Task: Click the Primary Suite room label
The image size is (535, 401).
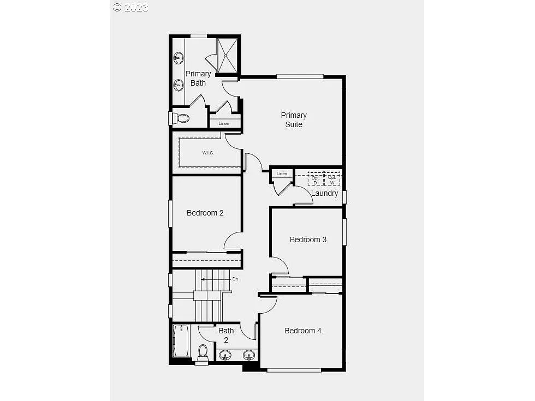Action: [x=294, y=119]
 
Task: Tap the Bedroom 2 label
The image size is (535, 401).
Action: [x=205, y=213]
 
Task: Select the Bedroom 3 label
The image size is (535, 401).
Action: [x=308, y=240]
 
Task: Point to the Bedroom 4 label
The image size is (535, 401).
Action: [x=302, y=331]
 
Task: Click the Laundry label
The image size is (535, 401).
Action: [x=324, y=193]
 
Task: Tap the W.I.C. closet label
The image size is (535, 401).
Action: [x=208, y=153]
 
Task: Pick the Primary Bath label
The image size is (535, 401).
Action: [x=198, y=78]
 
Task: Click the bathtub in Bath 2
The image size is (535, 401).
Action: [x=181, y=340]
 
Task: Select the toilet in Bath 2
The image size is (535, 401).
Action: [x=203, y=351]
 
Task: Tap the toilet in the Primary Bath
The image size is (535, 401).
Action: [x=182, y=118]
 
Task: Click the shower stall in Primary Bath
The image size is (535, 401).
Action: [x=228, y=55]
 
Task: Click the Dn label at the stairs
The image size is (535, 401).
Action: [x=235, y=279]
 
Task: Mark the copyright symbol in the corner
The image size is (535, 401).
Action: [x=117, y=7]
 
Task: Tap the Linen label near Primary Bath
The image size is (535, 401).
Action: [x=224, y=123]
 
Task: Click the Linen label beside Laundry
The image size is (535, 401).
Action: [x=282, y=173]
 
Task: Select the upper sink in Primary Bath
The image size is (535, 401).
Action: [x=179, y=58]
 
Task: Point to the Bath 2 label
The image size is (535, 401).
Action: [x=226, y=335]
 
